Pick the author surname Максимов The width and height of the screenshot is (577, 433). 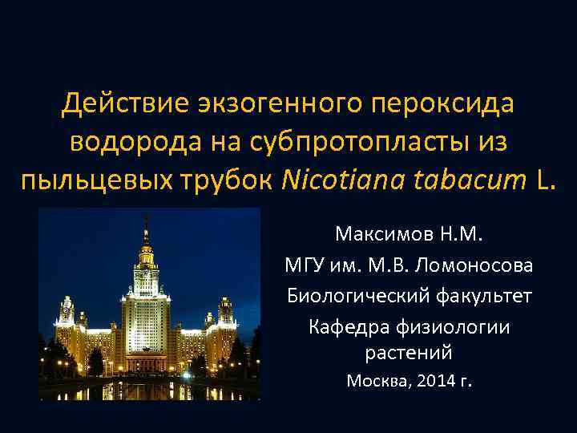coord(385,236)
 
